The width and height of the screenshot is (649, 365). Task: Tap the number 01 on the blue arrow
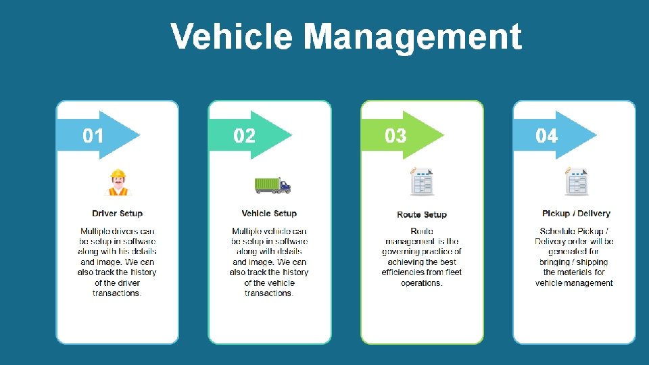click(x=93, y=136)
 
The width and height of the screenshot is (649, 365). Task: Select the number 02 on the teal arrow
click(x=245, y=136)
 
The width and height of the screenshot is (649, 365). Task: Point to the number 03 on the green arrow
click(x=395, y=136)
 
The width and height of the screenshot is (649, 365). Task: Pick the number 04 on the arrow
click(x=547, y=136)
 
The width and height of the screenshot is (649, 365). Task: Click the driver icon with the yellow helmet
click(x=118, y=182)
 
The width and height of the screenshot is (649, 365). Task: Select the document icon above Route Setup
click(x=423, y=182)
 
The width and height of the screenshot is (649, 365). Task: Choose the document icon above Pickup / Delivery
click(x=576, y=182)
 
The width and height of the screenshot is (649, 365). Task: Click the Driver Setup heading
click(x=118, y=214)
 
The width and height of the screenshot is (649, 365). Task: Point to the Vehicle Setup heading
click(x=269, y=214)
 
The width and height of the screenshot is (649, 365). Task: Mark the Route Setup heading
click(x=422, y=215)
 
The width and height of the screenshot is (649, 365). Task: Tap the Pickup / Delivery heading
click(x=576, y=214)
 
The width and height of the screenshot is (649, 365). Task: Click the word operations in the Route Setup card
click(x=421, y=283)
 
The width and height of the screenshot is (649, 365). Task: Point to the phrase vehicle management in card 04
click(x=574, y=283)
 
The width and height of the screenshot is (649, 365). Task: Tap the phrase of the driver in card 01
click(x=118, y=283)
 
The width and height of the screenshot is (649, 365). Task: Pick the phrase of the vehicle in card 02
click(x=269, y=283)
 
